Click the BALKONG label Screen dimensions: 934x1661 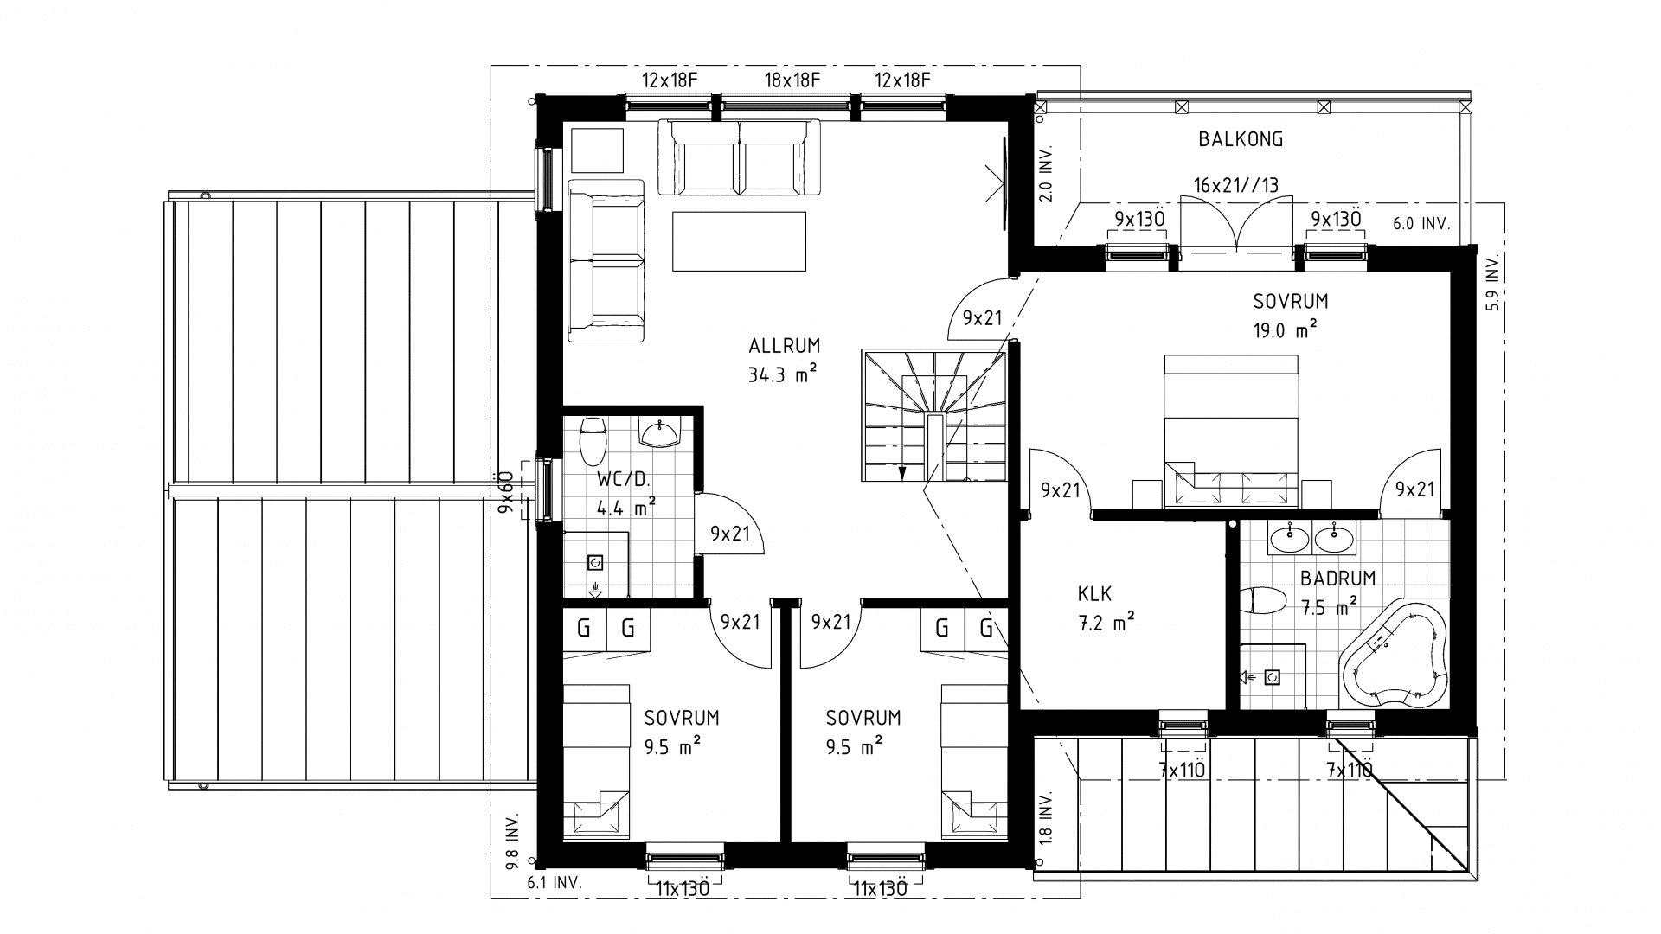(1241, 139)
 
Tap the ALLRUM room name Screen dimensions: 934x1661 (784, 347)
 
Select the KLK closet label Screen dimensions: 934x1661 (1094, 594)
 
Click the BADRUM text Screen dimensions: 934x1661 (1337, 579)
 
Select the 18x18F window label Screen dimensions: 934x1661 (792, 80)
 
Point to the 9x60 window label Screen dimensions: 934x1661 (505, 493)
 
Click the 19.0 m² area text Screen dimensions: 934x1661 (1285, 329)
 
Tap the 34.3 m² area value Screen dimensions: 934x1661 (783, 375)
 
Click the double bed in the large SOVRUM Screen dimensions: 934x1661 (1232, 428)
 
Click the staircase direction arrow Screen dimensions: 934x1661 (902, 471)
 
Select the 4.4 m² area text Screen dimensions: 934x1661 (625, 508)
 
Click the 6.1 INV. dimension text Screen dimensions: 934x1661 (554, 884)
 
